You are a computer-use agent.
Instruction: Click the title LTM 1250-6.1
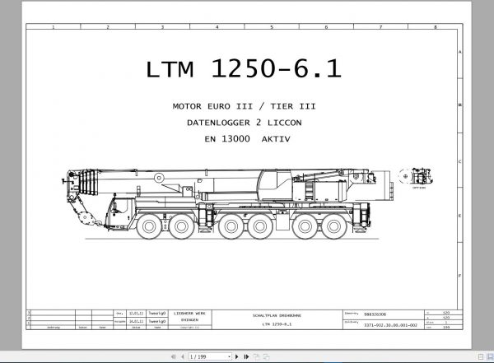click(x=244, y=70)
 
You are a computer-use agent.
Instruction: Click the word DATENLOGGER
click(x=221, y=123)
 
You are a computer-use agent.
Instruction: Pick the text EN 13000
click(x=227, y=139)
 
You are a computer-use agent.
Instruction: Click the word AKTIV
click(x=276, y=139)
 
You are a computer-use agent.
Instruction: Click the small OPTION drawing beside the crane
click(x=416, y=178)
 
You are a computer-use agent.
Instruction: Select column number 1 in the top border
click(x=53, y=27)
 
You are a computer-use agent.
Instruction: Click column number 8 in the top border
click(x=434, y=27)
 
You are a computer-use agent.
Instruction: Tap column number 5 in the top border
click(x=271, y=27)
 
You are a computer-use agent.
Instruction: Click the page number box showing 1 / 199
click(x=199, y=356)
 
